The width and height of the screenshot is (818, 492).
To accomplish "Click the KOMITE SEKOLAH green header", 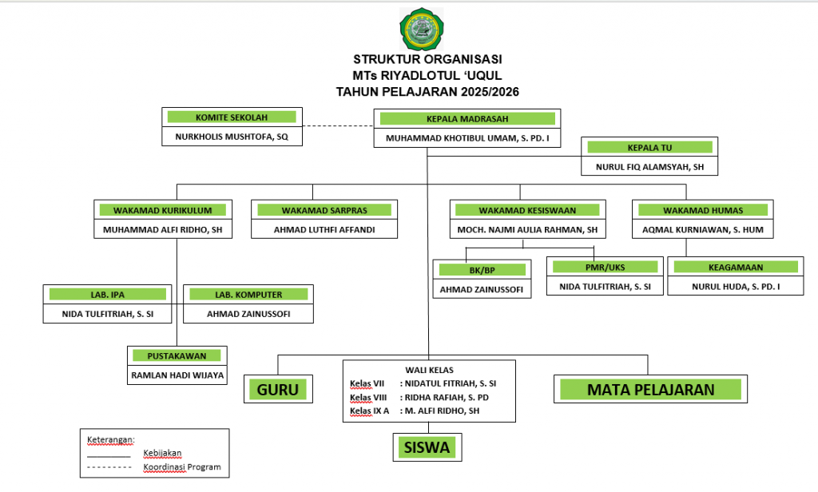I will click(x=231, y=117).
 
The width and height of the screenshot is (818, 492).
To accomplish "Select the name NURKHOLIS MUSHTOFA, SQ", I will click(x=231, y=137).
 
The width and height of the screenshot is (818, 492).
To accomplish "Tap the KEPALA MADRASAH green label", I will click(x=467, y=119).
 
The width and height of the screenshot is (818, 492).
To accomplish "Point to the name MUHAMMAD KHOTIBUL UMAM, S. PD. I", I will click(x=467, y=138).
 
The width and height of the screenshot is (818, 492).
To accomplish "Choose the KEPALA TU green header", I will click(x=649, y=147).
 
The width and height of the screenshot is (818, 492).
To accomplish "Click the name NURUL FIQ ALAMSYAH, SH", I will click(x=649, y=167).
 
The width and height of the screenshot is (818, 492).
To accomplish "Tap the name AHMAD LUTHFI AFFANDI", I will click(x=324, y=230).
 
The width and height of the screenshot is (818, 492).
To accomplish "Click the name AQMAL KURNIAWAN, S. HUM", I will click(x=703, y=230).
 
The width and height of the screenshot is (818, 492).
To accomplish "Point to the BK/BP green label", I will click(x=482, y=270).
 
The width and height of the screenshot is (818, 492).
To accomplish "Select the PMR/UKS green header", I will click(x=605, y=267).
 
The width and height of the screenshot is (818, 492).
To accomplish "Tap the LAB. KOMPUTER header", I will click(x=248, y=295).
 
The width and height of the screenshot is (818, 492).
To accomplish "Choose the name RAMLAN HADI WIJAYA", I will click(x=177, y=374).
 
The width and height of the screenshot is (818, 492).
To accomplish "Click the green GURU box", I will click(x=277, y=390).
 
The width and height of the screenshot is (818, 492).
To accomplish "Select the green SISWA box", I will click(x=427, y=447).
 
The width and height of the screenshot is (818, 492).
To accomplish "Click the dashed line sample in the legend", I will click(x=108, y=466).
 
